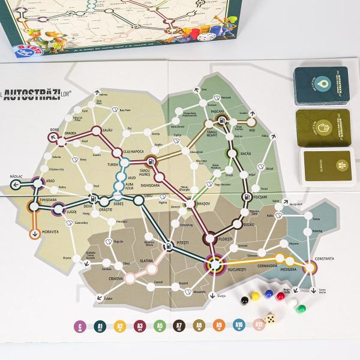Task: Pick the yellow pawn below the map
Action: (255, 296)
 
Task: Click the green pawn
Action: (299, 310)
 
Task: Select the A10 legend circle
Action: (239, 326)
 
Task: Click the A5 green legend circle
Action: (159, 326)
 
